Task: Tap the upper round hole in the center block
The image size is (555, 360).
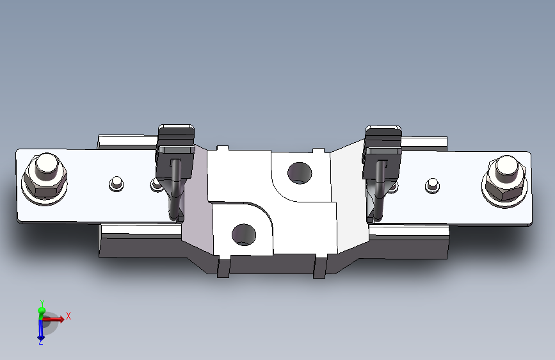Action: [x=299, y=172]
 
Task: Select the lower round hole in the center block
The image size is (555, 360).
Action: [x=244, y=234]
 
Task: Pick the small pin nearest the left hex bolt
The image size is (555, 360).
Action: [x=116, y=183]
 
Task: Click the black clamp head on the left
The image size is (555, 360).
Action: [x=176, y=138]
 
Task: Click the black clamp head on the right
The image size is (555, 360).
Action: [x=383, y=138]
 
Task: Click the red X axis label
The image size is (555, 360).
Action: [x=68, y=316]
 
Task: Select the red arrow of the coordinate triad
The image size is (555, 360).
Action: [x=55, y=318]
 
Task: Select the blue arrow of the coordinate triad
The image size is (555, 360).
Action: [x=40, y=329]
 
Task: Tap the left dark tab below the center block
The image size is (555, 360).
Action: [x=223, y=267]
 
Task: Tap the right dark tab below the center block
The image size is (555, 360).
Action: [x=320, y=267]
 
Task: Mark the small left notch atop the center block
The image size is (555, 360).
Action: [x=223, y=149]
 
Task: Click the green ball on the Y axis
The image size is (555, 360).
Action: [x=42, y=311]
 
